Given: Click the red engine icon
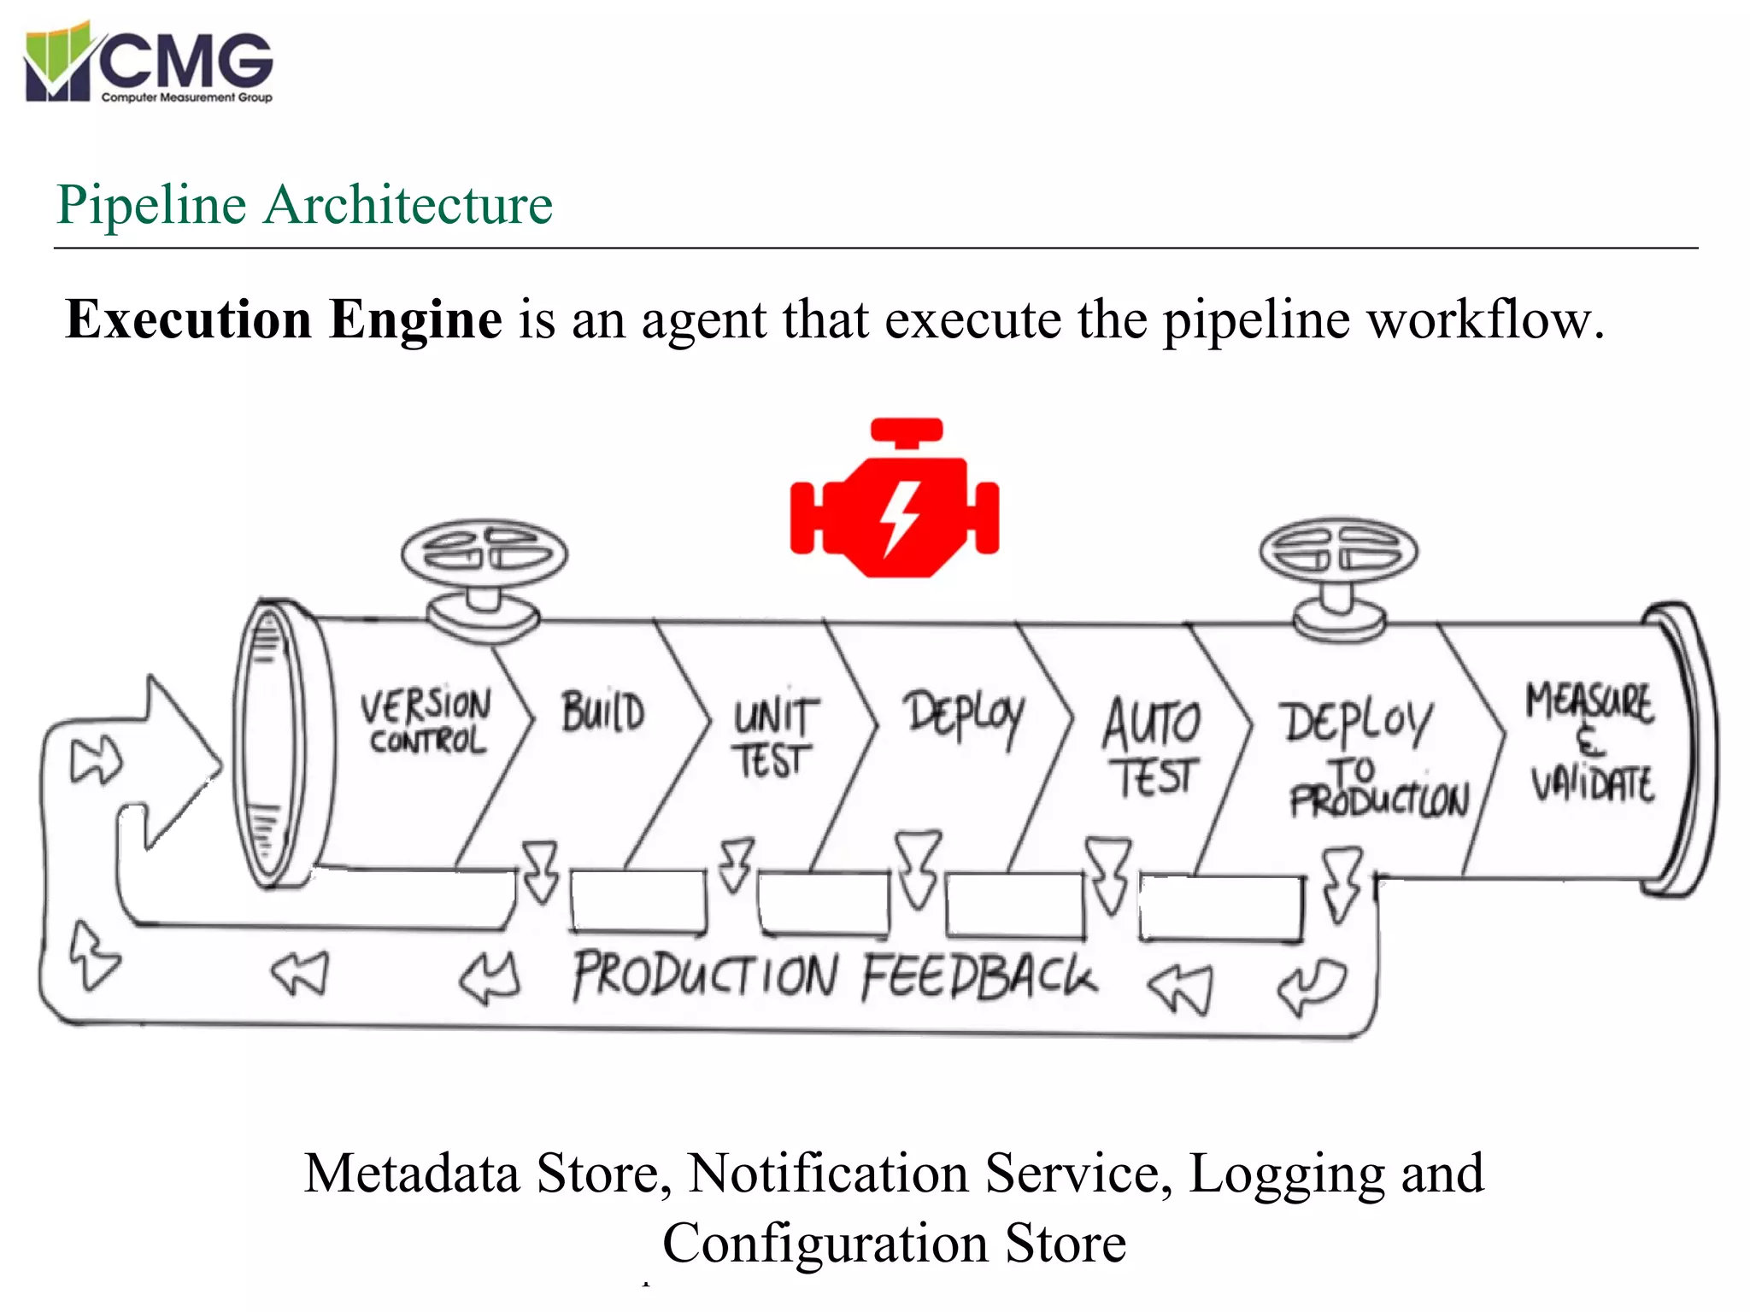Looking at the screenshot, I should click(894, 500).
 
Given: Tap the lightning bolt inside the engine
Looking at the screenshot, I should click(900, 516).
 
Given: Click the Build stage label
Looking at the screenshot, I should click(602, 712).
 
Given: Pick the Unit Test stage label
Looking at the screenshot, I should click(773, 738).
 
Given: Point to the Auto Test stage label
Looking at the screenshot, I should click(1152, 747).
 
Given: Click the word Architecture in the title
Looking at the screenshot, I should click(408, 205).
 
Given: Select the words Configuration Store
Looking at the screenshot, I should click(894, 1243).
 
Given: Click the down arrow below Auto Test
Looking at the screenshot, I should click(1108, 876).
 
